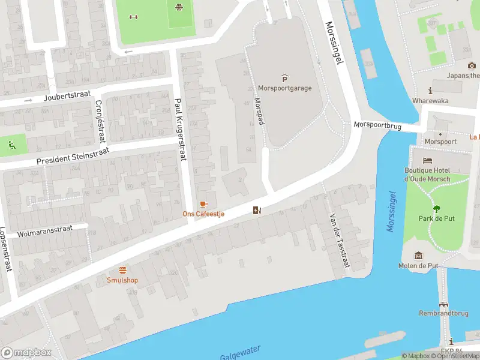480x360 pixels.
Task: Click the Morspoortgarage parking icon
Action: click(x=284, y=78)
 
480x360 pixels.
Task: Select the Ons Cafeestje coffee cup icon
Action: click(x=203, y=205)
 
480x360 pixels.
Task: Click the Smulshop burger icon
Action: click(x=122, y=270)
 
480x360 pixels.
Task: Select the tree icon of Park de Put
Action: click(x=436, y=208)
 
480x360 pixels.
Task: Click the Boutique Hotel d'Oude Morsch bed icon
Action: click(x=427, y=161)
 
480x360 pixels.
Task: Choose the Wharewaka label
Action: click(x=430, y=101)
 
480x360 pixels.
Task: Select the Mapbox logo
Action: click(x=27, y=353)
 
